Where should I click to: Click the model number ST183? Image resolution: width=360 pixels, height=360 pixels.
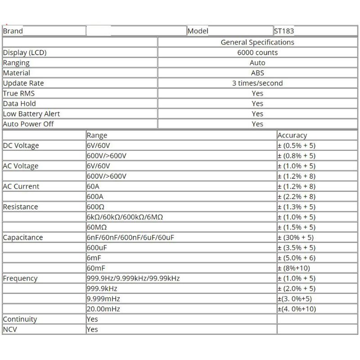point(284,31)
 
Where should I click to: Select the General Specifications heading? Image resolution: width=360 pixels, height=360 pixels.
point(257,42)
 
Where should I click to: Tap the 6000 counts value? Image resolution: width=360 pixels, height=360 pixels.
point(257,53)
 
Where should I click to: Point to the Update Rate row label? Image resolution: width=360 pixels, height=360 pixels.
point(23,83)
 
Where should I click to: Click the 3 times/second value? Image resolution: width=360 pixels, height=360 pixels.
point(257,83)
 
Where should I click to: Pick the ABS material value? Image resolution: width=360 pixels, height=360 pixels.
point(257,73)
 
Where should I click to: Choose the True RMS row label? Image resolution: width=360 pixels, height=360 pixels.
point(18,94)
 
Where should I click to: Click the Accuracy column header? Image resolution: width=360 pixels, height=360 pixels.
point(292,135)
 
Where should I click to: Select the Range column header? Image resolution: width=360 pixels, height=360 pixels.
point(97,135)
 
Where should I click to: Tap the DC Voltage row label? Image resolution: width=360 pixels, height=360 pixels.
point(21,146)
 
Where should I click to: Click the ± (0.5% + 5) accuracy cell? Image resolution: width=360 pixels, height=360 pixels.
point(297,146)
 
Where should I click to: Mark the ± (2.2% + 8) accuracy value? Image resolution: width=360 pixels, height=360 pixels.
point(297,197)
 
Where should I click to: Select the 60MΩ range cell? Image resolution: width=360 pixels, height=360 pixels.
point(96,227)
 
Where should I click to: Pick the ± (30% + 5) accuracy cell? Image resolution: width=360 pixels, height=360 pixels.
point(296,238)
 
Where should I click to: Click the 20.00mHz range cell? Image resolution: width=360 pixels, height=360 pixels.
point(103,309)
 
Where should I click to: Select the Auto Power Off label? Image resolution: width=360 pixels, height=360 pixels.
point(28,124)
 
